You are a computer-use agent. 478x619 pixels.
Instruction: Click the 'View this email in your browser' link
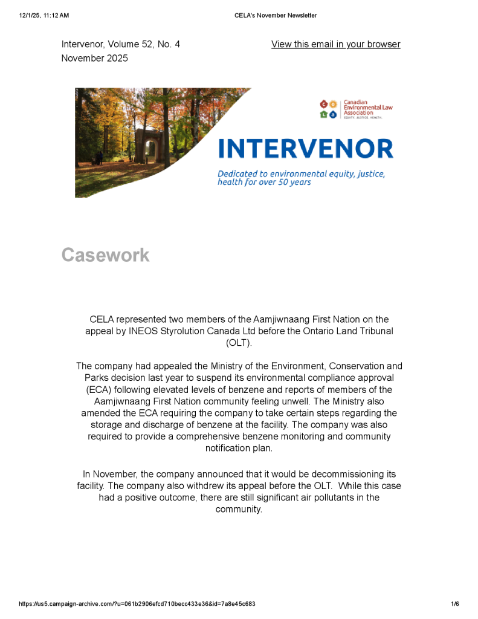click(335, 44)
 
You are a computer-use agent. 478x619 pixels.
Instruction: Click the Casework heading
click(105, 255)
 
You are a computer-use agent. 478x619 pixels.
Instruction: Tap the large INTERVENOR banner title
click(305, 149)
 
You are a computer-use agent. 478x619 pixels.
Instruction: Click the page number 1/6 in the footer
click(455, 604)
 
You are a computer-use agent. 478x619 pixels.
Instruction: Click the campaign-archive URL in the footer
click(137, 604)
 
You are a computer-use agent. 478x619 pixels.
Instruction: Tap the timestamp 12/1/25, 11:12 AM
click(44, 15)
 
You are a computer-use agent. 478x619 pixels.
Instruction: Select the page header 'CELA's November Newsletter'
click(275, 15)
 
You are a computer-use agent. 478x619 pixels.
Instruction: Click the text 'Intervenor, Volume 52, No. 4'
click(121, 44)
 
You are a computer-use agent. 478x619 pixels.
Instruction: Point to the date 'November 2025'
click(95, 59)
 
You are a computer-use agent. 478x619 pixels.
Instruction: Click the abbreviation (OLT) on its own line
click(239, 343)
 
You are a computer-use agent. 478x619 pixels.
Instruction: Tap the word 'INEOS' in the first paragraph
click(143, 331)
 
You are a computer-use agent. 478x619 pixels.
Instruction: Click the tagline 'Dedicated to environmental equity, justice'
click(301, 173)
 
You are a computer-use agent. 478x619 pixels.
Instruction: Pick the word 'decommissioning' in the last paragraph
click(329, 475)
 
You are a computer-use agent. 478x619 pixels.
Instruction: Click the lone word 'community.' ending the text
click(239, 509)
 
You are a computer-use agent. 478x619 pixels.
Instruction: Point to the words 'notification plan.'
click(239, 448)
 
